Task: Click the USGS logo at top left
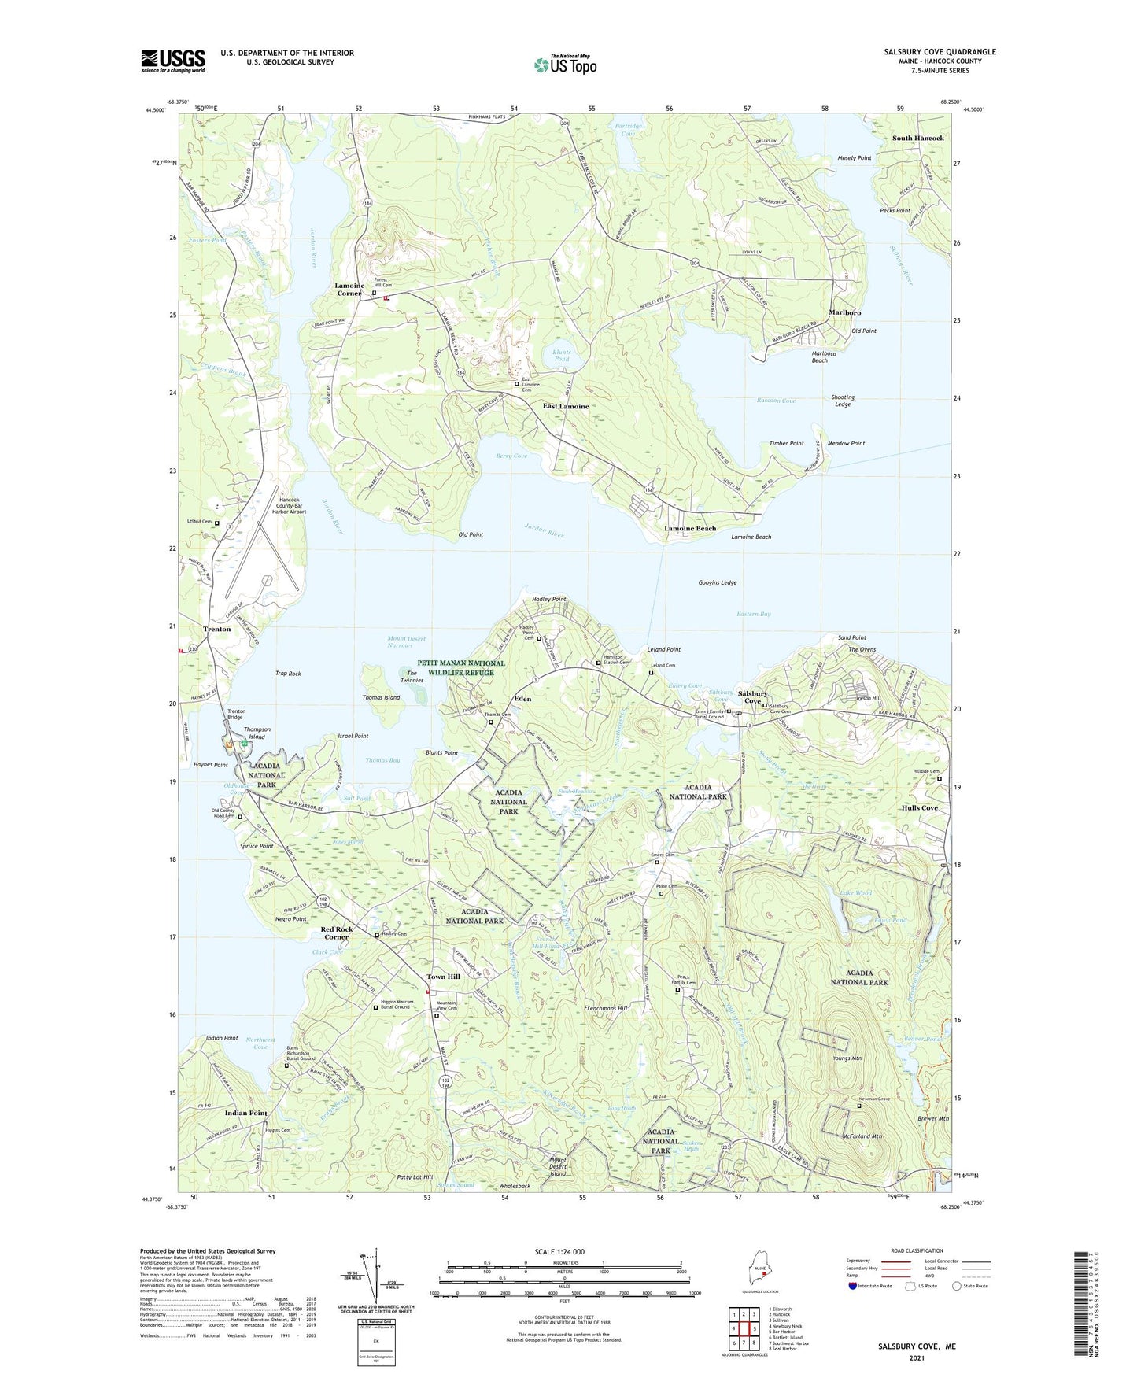coord(173,61)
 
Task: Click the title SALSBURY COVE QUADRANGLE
coord(940,52)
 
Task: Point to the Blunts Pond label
coord(561,356)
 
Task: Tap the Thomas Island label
coord(381,698)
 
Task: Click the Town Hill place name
coord(443,977)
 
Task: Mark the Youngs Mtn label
coord(847,1058)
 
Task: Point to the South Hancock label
coord(917,139)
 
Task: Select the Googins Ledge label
coord(718,583)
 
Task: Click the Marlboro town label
coord(844,312)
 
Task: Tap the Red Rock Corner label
coord(336,933)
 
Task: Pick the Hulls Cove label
coord(919,808)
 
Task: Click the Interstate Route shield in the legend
coord(854,1286)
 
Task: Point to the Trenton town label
coord(217,629)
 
